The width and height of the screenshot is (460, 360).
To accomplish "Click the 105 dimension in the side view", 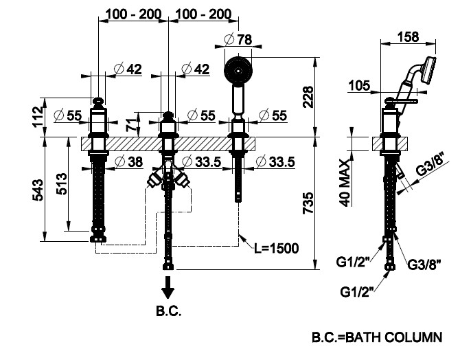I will [x=358, y=86].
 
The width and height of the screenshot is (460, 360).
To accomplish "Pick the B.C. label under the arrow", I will [x=168, y=311].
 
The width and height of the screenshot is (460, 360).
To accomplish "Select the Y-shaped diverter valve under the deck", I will [x=168, y=175].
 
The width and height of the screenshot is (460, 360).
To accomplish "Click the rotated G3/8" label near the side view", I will [x=433, y=173].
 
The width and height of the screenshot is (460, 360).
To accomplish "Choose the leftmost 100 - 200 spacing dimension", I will [x=133, y=13].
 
